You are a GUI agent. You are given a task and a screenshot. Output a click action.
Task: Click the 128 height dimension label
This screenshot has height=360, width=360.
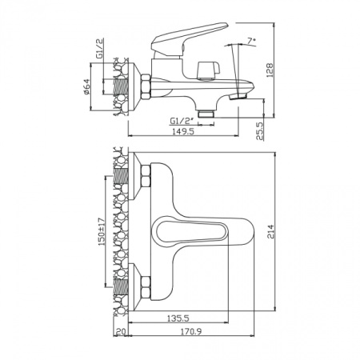[270, 70]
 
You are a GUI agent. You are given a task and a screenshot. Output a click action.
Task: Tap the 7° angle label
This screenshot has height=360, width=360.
[251, 41]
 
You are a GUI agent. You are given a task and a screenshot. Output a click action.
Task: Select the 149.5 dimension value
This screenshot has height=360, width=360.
[183, 131]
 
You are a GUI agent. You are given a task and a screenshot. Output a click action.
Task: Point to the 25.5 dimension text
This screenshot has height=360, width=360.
[260, 131]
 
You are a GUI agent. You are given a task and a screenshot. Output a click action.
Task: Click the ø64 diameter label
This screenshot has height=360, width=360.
[87, 86]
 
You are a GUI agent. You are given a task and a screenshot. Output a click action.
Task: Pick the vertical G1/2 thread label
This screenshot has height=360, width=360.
[100, 48]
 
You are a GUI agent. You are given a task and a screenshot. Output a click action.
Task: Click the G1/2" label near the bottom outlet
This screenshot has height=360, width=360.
[182, 121]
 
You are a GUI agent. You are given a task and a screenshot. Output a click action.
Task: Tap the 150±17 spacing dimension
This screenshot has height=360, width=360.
[102, 231]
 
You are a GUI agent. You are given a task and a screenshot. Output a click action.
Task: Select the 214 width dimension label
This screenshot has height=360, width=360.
[270, 232]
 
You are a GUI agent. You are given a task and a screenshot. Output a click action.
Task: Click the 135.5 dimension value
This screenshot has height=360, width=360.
[178, 318]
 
